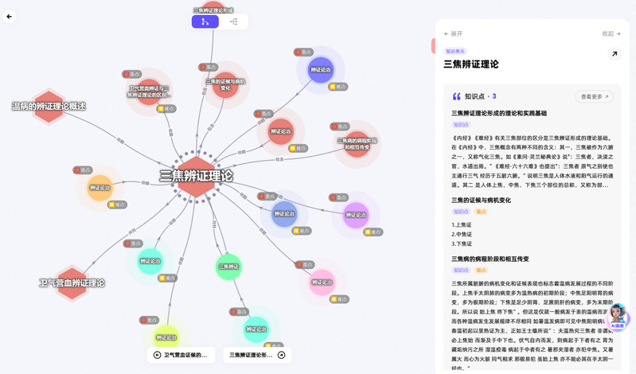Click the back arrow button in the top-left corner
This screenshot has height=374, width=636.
[11, 15]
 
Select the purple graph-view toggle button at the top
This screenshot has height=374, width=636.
[205, 21]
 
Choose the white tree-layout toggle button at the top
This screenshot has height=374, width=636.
[233, 21]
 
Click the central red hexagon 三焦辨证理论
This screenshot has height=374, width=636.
[196, 176]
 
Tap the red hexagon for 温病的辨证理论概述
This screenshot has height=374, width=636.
[49, 107]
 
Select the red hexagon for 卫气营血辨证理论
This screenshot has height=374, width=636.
[72, 283]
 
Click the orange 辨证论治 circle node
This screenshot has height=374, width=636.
[99, 188]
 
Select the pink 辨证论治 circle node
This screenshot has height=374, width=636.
[322, 282]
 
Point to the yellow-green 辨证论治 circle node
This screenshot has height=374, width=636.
[166, 337]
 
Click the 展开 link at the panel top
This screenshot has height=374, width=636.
[453, 33]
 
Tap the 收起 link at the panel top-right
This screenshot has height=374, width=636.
[611, 33]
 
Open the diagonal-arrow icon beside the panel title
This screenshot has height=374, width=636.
[614, 54]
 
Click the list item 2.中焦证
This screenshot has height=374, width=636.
[463, 234]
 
